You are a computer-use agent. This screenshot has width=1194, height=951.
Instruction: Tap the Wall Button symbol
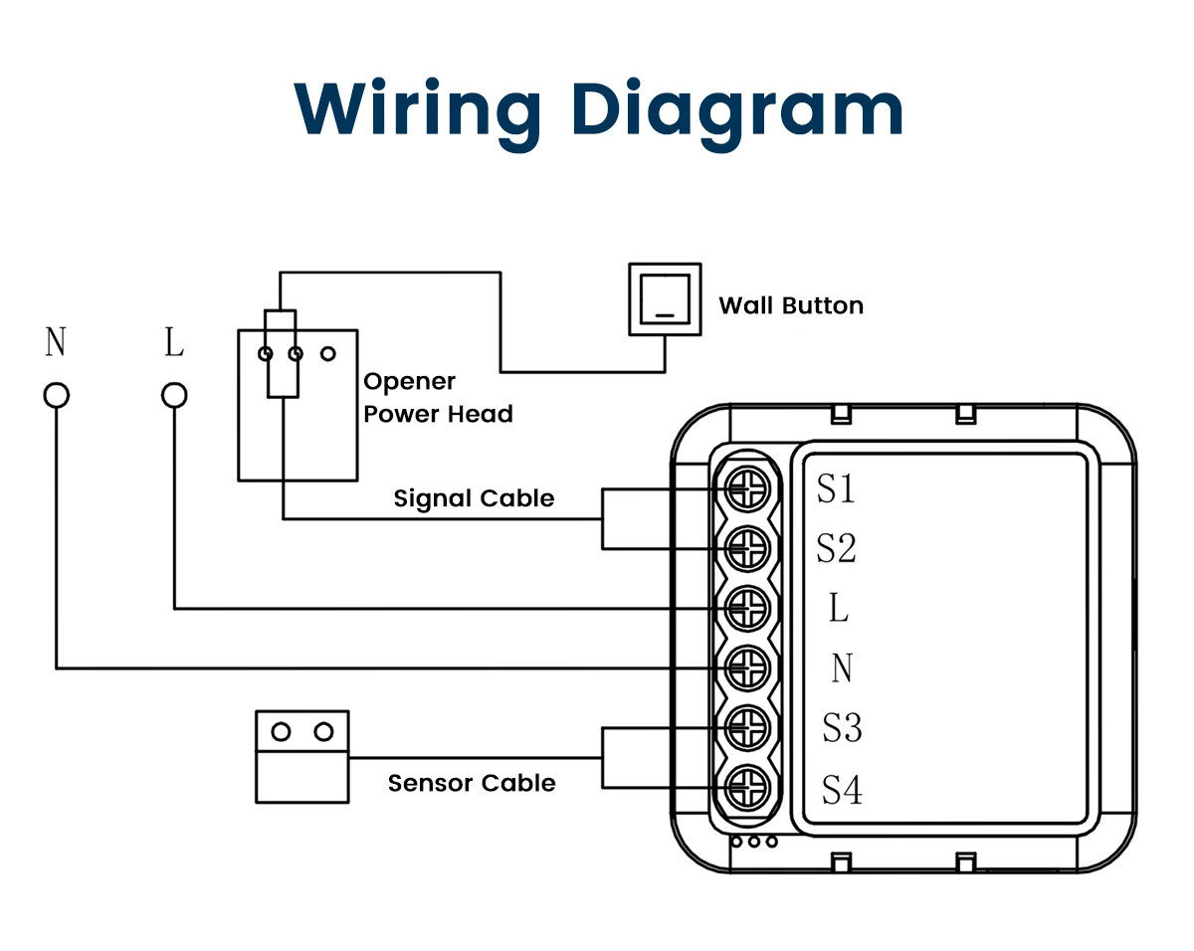coord(665,299)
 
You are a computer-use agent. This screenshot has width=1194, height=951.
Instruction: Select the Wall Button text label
coord(791,305)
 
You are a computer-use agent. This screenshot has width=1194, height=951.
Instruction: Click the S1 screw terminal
coord(747,489)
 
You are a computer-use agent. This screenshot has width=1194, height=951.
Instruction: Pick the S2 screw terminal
coord(747,549)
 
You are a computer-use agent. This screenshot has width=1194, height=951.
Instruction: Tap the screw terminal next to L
coord(747,609)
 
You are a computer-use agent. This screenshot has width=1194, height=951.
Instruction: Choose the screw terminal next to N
coord(747,668)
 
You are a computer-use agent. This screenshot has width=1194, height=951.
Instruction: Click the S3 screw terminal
coord(747,728)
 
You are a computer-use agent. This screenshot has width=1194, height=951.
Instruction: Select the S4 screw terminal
coord(747,788)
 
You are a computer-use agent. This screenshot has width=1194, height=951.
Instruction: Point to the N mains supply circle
coord(57,396)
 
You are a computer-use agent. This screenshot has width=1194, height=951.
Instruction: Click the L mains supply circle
coord(174,396)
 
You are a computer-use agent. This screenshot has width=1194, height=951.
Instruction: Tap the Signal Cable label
coord(474,498)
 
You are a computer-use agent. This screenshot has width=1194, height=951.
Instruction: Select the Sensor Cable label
coord(472,784)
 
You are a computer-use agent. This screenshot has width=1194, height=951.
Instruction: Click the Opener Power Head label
coord(438,398)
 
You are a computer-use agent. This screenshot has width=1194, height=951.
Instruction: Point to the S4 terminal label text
coord(842,790)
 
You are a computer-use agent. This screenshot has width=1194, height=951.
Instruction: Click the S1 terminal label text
coord(836,488)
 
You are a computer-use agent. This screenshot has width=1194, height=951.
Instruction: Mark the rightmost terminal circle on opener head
coord(328,353)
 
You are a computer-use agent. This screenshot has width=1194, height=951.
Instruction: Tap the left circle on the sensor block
coord(281,732)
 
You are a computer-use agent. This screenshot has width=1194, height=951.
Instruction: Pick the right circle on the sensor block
coord(323,732)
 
